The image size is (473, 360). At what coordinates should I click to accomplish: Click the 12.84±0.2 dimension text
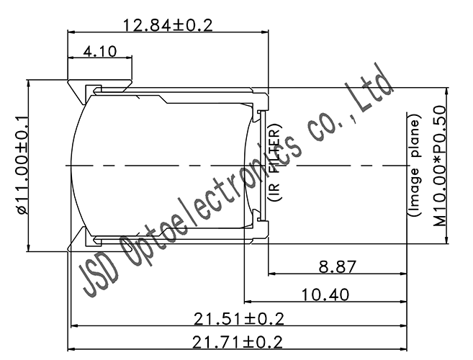click(168, 24)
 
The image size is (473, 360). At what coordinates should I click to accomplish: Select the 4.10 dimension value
click(99, 52)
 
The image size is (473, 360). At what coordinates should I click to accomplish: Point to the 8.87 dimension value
click(337, 267)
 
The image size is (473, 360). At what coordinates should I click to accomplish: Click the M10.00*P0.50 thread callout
click(439, 166)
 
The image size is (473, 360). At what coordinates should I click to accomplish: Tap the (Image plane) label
click(415, 166)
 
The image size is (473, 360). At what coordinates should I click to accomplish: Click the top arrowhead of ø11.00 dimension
click(28, 83)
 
